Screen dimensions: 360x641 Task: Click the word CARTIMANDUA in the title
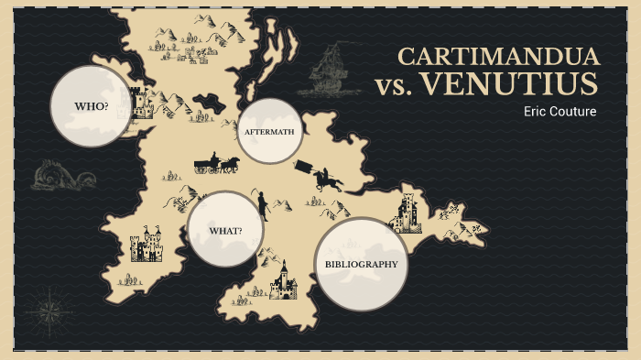[498, 56]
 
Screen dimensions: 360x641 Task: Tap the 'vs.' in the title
[395, 87]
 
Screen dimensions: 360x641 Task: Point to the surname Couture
[574, 112]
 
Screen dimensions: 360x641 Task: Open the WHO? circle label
[91, 106]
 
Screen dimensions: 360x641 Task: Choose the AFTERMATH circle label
[269, 132]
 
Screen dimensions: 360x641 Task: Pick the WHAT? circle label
[225, 230]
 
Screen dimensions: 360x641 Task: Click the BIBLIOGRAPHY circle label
[362, 264]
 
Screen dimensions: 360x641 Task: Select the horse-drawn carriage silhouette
[216, 164]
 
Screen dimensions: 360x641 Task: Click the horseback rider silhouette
[325, 179]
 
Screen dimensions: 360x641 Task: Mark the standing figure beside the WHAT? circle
[262, 204]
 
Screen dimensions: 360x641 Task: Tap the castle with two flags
[147, 245]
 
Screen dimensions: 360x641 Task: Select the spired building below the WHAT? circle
[283, 281]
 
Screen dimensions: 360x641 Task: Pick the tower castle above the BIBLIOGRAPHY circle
[406, 213]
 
